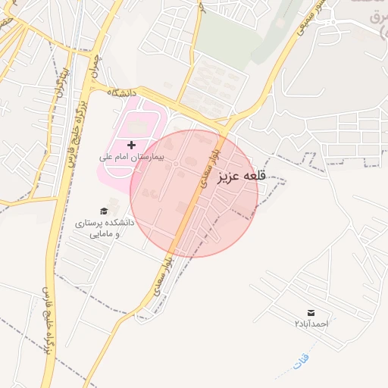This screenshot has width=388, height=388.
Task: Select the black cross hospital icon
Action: pyautogui.click(x=132, y=144)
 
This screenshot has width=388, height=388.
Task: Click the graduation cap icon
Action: pyautogui.click(x=104, y=211)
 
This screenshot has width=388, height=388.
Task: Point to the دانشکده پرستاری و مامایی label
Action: pyautogui.click(x=104, y=228)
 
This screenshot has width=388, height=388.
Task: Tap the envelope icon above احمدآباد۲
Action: pyautogui.click(x=311, y=312)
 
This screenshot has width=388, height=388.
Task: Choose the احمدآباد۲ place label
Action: pyautogui.click(x=311, y=324)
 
